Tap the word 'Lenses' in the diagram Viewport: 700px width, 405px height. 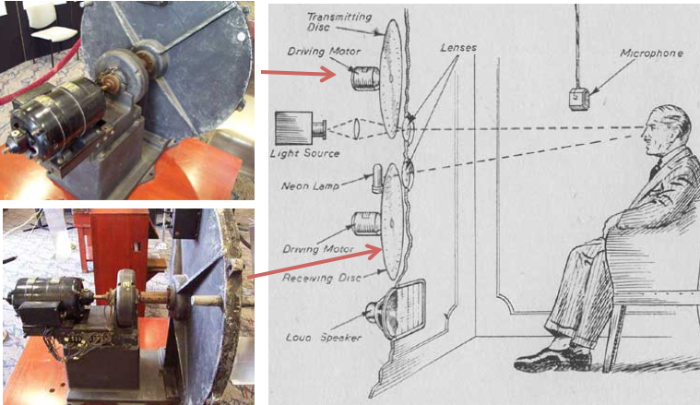pyautogui.click(x=458, y=47)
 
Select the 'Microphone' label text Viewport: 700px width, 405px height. pyautogui.click(x=651, y=54)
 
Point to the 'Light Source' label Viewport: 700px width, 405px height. pyautogui.click(x=305, y=153)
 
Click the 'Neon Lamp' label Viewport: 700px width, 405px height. pyautogui.click(x=310, y=185)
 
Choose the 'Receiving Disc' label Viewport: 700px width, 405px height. pyautogui.click(x=322, y=278)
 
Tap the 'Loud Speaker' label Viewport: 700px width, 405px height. pyautogui.click(x=324, y=337)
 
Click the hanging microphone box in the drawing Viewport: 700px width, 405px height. pyautogui.click(x=579, y=99)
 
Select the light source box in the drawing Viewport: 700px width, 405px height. pyautogui.click(x=293, y=128)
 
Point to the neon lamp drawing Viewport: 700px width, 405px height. pyautogui.click(x=378, y=179)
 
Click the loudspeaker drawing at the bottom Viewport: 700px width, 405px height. pyautogui.click(x=395, y=310)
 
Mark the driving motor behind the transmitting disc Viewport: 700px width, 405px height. pyautogui.click(x=365, y=78)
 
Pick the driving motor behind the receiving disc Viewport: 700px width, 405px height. pyautogui.click(x=366, y=223)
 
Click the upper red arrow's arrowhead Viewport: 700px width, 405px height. pyautogui.click(x=329, y=74)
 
